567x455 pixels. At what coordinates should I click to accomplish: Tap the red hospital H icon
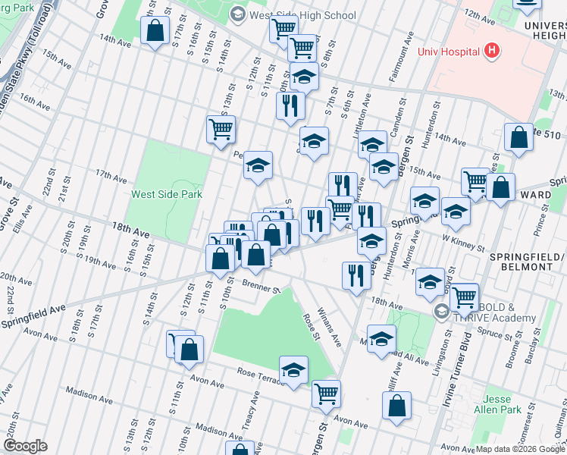493,52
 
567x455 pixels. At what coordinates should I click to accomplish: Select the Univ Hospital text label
450,52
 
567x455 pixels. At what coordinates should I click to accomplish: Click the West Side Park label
167,194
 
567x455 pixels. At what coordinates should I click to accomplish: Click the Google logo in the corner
24,446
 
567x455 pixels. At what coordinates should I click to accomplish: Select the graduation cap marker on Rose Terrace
293,370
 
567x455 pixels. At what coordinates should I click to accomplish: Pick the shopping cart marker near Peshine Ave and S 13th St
221,129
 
